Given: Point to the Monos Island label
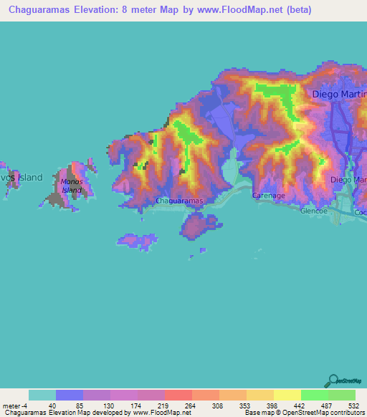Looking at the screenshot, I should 72,186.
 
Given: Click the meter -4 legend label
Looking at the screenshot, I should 14,405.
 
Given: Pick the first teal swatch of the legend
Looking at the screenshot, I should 42,395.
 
